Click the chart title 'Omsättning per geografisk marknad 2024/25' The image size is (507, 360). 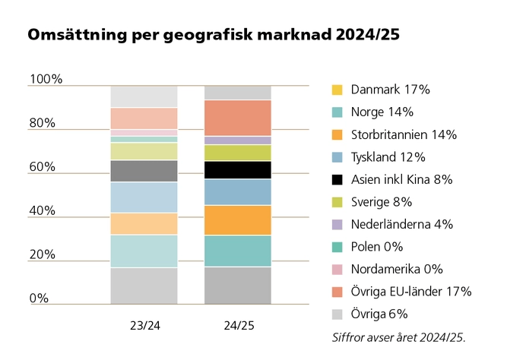(x=214, y=36)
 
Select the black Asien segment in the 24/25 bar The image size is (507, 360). (x=238, y=169)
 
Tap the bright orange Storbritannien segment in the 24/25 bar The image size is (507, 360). (x=238, y=220)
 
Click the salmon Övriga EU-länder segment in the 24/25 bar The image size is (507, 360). (x=238, y=118)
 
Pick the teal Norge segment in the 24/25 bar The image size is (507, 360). (x=238, y=251)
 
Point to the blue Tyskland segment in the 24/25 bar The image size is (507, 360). (x=238, y=191)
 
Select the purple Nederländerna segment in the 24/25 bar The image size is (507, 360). (x=238, y=141)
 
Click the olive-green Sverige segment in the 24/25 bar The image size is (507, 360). (x=238, y=153)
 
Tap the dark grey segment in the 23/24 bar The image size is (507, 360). (x=144, y=171)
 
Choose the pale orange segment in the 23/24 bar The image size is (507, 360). (x=144, y=223)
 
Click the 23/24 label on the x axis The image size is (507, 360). (x=144, y=325)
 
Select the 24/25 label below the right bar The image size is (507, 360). (x=238, y=325)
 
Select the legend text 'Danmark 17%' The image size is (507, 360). (x=390, y=90)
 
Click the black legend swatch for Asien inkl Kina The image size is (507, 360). (x=337, y=180)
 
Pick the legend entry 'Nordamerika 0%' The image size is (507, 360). (x=397, y=269)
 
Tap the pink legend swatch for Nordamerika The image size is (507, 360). (x=337, y=270)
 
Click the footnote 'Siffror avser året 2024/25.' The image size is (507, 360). (x=398, y=336)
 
